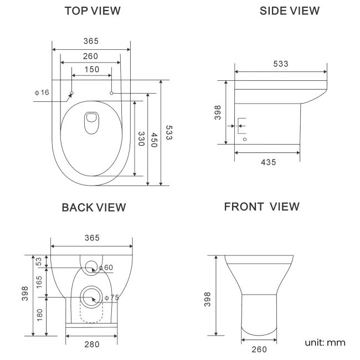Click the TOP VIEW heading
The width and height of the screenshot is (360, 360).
(x=91, y=11)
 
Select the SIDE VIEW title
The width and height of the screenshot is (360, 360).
(x=289, y=11)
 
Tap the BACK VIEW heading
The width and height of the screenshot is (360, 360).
(x=93, y=207)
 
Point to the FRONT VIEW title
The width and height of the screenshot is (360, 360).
(x=262, y=207)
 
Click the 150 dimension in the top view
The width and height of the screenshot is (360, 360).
(x=91, y=69)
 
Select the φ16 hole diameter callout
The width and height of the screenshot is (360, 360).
(x=42, y=92)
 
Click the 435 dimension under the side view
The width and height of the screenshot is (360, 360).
(x=268, y=162)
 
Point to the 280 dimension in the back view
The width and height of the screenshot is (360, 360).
(x=91, y=344)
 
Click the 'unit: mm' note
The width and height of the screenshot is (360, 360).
(x=325, y=342)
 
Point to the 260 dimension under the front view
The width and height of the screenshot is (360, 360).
(x=259, y=349)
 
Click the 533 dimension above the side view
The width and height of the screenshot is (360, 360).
(x=280, y=64)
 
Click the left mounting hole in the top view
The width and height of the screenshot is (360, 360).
(x=72, y=93)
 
